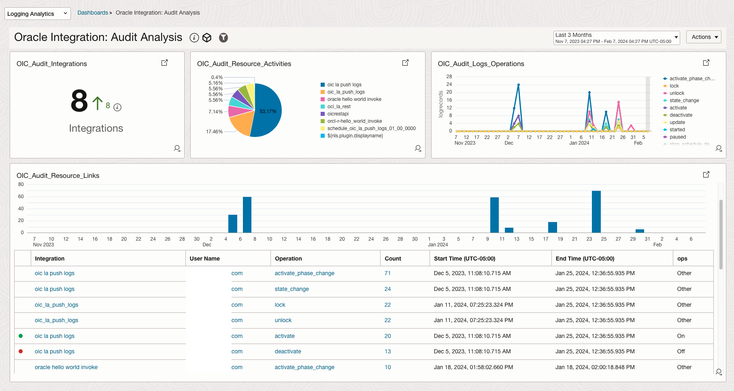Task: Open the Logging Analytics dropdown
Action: point(37,14)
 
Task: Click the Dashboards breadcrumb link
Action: point(93,13)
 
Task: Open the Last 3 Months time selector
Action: point(616,38)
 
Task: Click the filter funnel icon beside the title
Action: point(223,38)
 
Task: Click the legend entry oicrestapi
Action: point(338,114)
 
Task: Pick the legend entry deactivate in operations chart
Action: point(681,115)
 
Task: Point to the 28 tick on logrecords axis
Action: point(449,77)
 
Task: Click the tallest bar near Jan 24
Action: point(596,212)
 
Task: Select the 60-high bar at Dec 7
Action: point(247,215)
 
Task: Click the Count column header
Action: point(393,259)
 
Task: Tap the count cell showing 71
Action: point(387,273)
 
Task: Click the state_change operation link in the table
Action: point(291,289)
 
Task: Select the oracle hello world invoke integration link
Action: point(66,367)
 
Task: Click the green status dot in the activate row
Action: point(21,336)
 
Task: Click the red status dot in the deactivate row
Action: point(21,351)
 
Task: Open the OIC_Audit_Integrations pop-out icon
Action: point(164,63)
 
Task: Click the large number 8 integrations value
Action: point(79,101)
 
